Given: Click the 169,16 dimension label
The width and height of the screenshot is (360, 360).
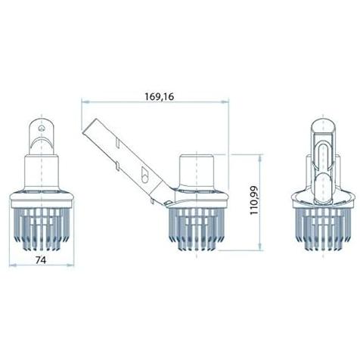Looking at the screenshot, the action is point(160,96).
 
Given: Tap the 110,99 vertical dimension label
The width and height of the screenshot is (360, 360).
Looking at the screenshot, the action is point(254,200).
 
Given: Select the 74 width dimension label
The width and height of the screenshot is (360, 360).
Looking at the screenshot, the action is point(41,260).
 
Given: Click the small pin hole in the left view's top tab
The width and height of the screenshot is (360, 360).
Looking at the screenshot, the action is point(41,129).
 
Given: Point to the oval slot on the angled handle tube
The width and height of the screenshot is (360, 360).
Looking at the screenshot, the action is point(145,174).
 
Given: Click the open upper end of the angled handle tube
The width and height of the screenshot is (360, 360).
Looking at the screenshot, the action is point(89,125).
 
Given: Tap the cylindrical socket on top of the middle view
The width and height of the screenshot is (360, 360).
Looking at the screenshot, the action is point(197,171).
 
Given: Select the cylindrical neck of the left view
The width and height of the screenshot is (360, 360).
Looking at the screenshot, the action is point(42,172).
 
